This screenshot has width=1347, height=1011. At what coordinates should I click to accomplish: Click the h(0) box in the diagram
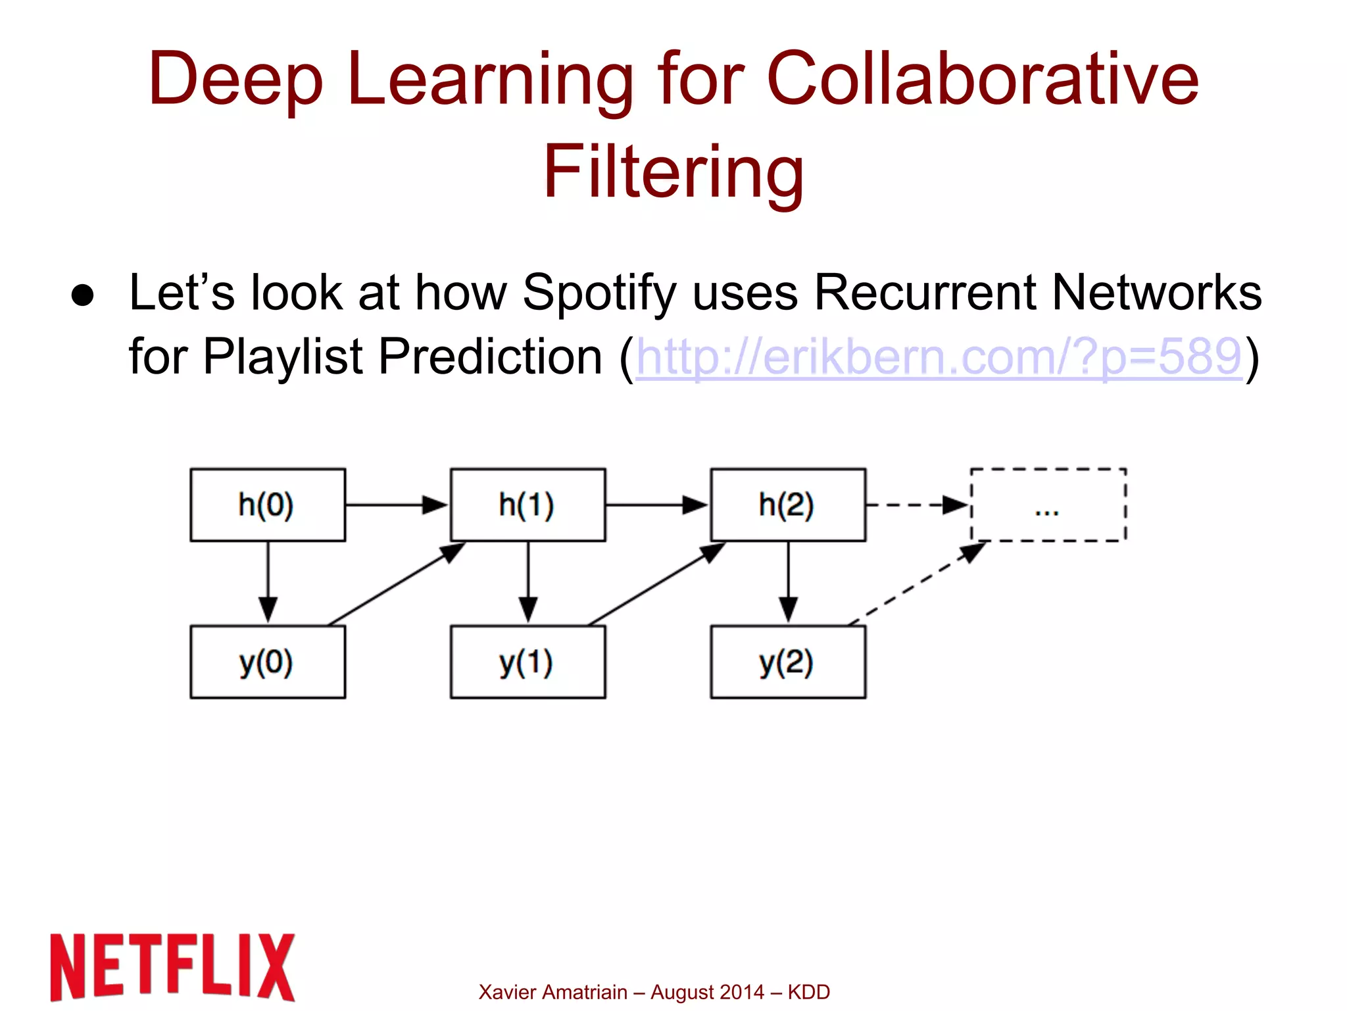[x=267, y=505]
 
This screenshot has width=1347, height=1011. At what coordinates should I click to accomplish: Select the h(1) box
[x=527, y=505]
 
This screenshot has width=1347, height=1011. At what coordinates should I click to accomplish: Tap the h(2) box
[x=787, y=505]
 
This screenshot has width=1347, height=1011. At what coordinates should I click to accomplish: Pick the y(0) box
[x=267, y=661]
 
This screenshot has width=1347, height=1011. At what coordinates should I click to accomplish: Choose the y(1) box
[x=527, y=661]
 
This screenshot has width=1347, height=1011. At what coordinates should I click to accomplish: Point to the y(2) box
[x=787, y=661]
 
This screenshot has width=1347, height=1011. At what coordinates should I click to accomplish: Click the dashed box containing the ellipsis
[x=1048, y=505]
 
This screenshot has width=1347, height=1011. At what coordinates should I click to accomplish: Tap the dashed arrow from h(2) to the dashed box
[x=918, y=505]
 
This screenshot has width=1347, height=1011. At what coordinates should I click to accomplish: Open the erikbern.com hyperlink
[x=939, y=357]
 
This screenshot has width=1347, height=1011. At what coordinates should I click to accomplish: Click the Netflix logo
[x=172, y=966]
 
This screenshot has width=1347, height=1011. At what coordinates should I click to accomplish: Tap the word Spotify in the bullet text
[x=599, y=292]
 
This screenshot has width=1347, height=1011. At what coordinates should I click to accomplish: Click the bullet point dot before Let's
[x=83, y=295]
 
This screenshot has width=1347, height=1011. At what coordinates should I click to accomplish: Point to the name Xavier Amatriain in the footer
[x=552, y=992]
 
